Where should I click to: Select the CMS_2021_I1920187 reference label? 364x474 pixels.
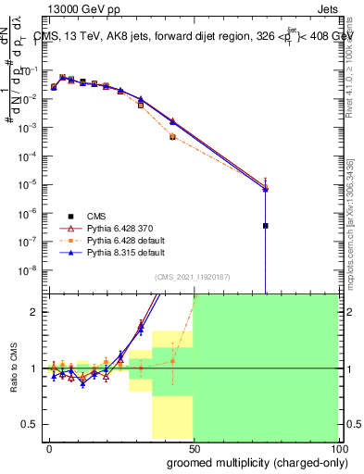pos(193,277)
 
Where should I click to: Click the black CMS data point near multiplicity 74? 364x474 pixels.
pos(266,225)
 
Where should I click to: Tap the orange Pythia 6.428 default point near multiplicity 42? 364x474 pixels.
pos(173,136)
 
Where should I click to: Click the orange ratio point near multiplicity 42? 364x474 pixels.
pos(173,361)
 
